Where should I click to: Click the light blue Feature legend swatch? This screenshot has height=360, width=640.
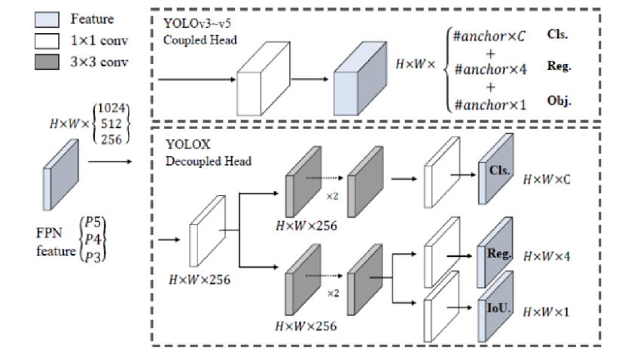pos(46,18)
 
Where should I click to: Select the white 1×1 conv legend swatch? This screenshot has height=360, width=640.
pos(46,40)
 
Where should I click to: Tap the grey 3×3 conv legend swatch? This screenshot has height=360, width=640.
pos(46,62)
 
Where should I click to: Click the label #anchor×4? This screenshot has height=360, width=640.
pos(485,71)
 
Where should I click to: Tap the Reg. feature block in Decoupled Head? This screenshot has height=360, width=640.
pos(495,256)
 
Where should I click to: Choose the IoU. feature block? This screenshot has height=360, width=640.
pos(495,309)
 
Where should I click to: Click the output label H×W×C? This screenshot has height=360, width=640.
pos(547,180)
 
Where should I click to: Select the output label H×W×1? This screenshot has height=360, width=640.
pos(547,311)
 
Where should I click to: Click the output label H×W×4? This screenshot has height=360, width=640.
pos(547,257)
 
